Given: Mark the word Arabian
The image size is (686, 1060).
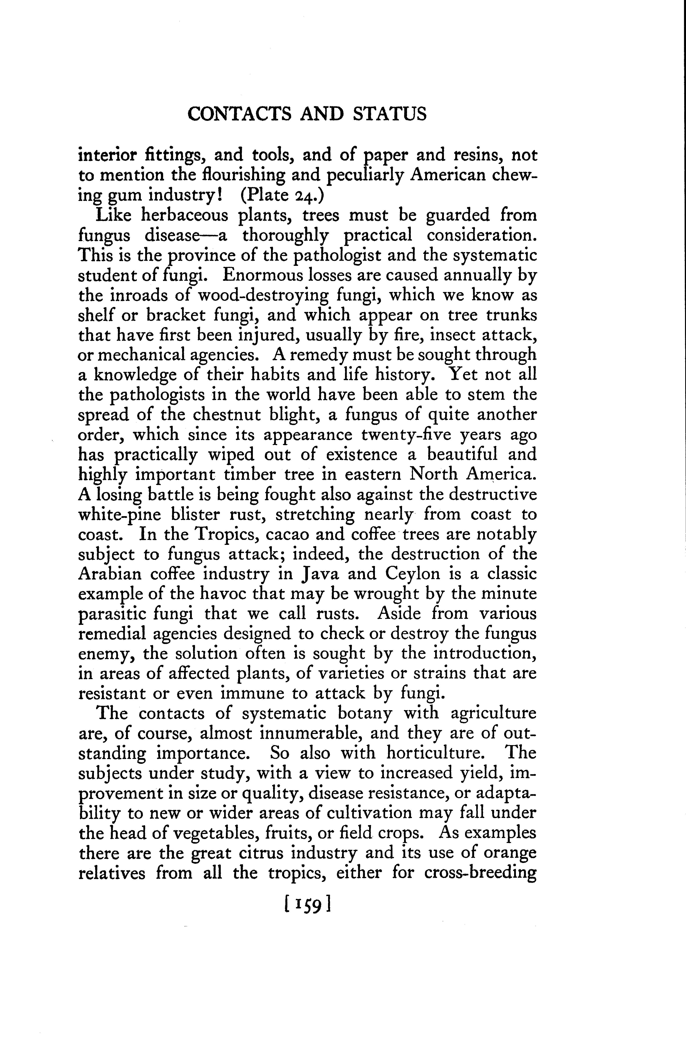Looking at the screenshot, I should (x=110, y=574).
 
